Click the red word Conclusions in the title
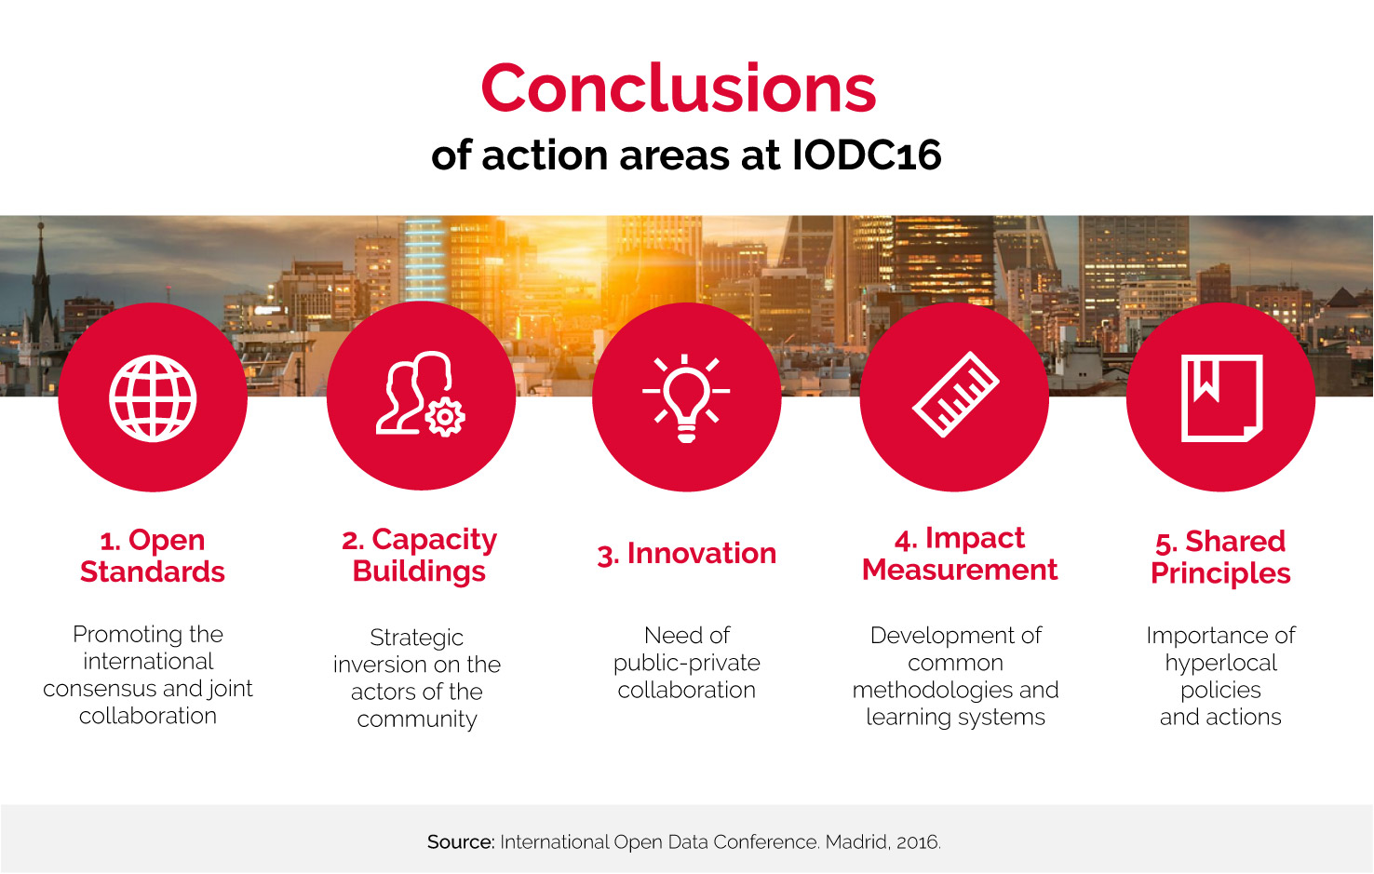[679, 88]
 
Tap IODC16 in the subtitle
[866, 155]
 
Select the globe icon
[153, 398]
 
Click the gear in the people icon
[445, 417]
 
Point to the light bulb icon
[686, 398]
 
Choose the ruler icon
[956, 394]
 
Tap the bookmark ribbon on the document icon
[1206, 381]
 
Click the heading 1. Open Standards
[153, 556]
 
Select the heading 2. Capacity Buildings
[419, 555]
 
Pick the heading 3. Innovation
[686, 554]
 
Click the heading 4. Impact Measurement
[960, 554]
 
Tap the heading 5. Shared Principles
[1220, 557]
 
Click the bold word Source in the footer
[461, 841]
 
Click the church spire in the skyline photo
[41, 270]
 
